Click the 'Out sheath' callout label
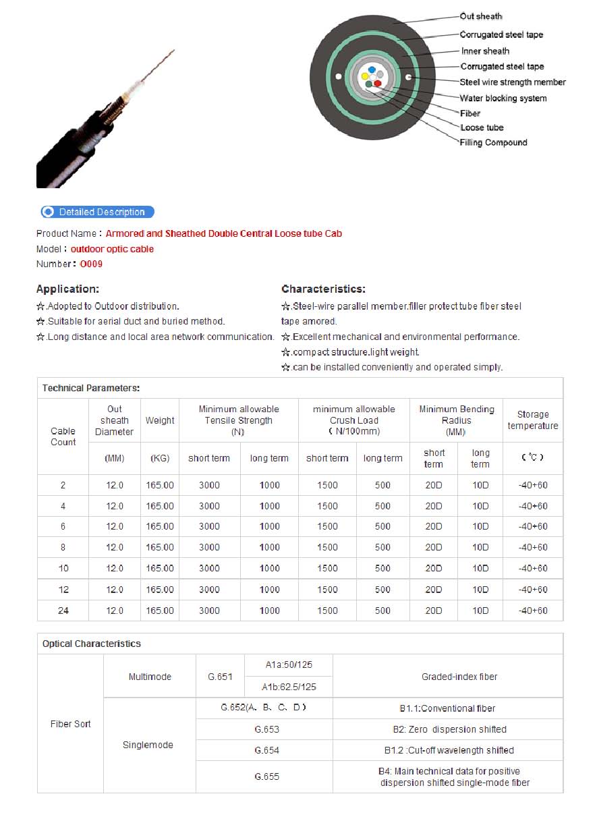[x=481, y=17]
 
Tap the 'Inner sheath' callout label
[x=485, y=51]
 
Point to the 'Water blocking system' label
[x=503, y=98]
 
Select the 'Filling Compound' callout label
[x=493, y=143]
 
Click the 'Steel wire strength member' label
[x=513, y=82]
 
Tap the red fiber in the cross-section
[x=378, y=84]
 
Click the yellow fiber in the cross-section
[x=365, y=76]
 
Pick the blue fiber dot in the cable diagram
[x=372, y=69]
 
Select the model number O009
[x=91, y=264]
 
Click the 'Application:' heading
[x=67, y=289]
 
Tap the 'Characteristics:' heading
[x=323, y=289]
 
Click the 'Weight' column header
[x=160, y=420]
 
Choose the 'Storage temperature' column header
[x=533, y=420]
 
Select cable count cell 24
[x=63, y=611]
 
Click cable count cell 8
[x=63, y=547]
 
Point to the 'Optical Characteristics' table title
[x=92, y=644]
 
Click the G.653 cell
[x=266, y=729]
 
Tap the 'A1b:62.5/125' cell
[x=289, y=687]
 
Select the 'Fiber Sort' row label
[x=70, y=724]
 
